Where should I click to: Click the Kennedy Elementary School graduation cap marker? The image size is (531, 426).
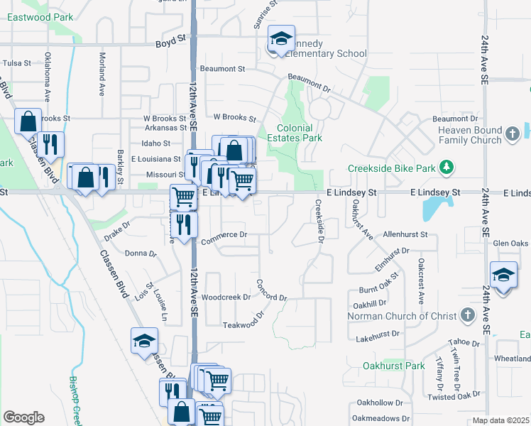coord(281,40)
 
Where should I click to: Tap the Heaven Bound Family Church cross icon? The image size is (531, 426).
coord(513,133)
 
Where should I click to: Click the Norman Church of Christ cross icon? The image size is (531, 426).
coord(467,315)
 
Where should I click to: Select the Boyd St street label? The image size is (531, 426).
coord(170,44)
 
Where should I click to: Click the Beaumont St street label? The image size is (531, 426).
coord(222,69)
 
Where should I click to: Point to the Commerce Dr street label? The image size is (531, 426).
coord(224,234)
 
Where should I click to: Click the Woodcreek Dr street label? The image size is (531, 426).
coord(226,297)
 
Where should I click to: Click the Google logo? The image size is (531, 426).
coord(23,417)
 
